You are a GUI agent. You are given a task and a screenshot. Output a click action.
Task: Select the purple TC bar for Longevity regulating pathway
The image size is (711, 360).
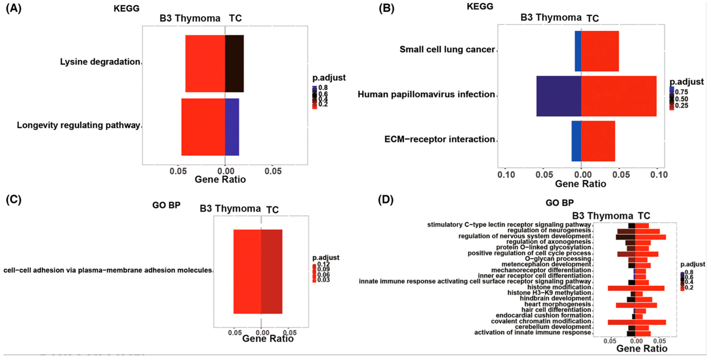232,127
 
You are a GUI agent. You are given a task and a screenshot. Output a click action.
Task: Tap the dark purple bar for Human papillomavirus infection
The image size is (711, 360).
559,96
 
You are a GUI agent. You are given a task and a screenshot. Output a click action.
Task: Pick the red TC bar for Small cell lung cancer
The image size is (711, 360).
600,51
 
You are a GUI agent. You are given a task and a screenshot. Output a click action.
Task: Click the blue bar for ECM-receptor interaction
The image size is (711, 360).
576,141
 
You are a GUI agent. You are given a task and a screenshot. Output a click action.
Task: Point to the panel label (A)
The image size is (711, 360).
14,8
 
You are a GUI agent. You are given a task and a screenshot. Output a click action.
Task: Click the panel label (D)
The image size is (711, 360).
386,199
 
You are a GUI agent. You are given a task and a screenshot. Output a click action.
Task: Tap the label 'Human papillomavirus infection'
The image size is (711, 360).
426,94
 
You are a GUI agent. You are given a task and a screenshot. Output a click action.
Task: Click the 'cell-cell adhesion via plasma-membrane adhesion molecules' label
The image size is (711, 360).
108,270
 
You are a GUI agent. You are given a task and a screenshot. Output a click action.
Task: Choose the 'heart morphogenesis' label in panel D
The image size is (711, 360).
557,304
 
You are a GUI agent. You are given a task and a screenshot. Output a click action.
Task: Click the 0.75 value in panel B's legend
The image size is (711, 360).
681,92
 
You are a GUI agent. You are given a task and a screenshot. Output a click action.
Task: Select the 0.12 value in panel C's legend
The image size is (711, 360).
323,264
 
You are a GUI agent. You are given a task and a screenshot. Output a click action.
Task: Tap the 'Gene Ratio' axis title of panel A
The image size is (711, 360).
220,180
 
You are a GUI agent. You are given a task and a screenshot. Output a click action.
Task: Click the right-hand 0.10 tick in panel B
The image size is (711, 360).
659,175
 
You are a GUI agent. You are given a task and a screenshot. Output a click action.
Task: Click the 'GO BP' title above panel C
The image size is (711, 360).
166,205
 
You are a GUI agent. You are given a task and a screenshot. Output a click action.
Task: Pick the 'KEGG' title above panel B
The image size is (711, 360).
480,6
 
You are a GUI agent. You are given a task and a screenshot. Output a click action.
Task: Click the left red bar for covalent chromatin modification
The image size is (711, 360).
621,322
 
